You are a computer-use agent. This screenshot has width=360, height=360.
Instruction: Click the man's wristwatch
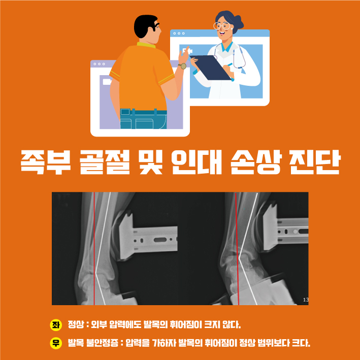[183, 66]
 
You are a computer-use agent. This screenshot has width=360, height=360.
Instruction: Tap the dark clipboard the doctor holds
[211, 68]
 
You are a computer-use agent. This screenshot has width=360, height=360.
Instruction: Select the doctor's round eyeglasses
[221, 26]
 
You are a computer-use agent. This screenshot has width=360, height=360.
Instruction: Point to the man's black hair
[145, 26]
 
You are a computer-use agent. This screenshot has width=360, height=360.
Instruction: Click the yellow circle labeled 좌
[56, 325]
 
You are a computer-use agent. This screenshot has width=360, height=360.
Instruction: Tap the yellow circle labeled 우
[56, 343]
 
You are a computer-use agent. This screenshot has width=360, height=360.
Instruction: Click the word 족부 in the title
[46, 162]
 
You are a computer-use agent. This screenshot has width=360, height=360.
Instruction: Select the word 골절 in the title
[105, 162]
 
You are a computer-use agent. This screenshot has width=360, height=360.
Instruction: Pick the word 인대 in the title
[197, 162]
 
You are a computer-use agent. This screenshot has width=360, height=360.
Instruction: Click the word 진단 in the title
[314, 162]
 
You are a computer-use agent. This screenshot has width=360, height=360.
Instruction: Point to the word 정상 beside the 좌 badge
[76, 325]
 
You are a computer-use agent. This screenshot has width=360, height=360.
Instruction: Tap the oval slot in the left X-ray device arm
[160, 240]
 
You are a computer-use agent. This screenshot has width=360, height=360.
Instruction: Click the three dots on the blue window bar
[179, 34]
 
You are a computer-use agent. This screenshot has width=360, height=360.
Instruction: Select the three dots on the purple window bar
[99, 64]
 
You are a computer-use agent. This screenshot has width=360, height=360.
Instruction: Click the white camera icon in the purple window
[107, 82]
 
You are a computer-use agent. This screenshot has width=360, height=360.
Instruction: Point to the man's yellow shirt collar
[146, 45]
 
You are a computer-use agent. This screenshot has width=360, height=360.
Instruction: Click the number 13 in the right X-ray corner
[306, 300]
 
